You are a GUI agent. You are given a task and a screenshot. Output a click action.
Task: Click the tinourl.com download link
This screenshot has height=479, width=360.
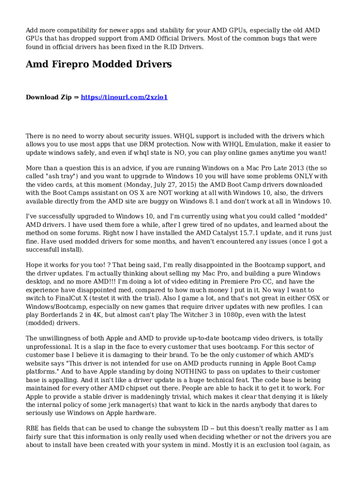(x=124, y=97)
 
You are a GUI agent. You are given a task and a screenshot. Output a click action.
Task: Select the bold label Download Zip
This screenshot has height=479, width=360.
(x=49, y=97)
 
